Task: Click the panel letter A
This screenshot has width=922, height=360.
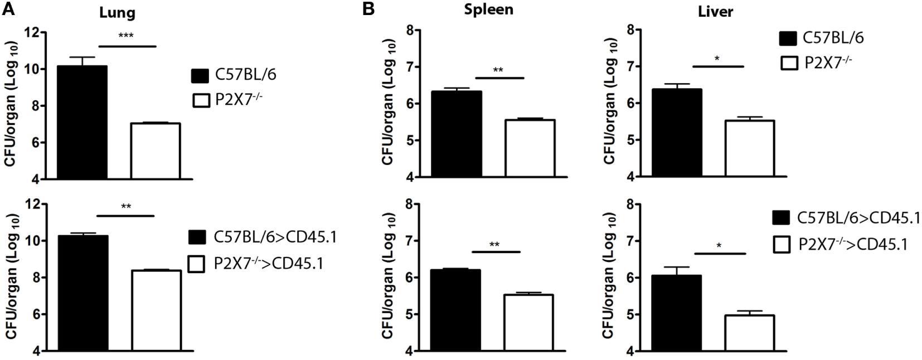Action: point(8,9)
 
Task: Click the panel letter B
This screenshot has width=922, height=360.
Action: point(368,9)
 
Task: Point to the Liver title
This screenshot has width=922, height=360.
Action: point(715,12)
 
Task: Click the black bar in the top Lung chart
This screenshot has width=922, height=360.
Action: point(83,122)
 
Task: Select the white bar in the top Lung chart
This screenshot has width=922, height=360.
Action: point(156,151)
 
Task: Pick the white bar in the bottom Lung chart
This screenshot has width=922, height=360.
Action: point(156,310)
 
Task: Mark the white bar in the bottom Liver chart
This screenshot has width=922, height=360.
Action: point(750,333)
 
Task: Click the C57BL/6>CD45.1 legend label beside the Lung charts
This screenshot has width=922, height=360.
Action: point(275,237)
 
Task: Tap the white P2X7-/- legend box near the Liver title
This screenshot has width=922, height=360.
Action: point(788,63)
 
